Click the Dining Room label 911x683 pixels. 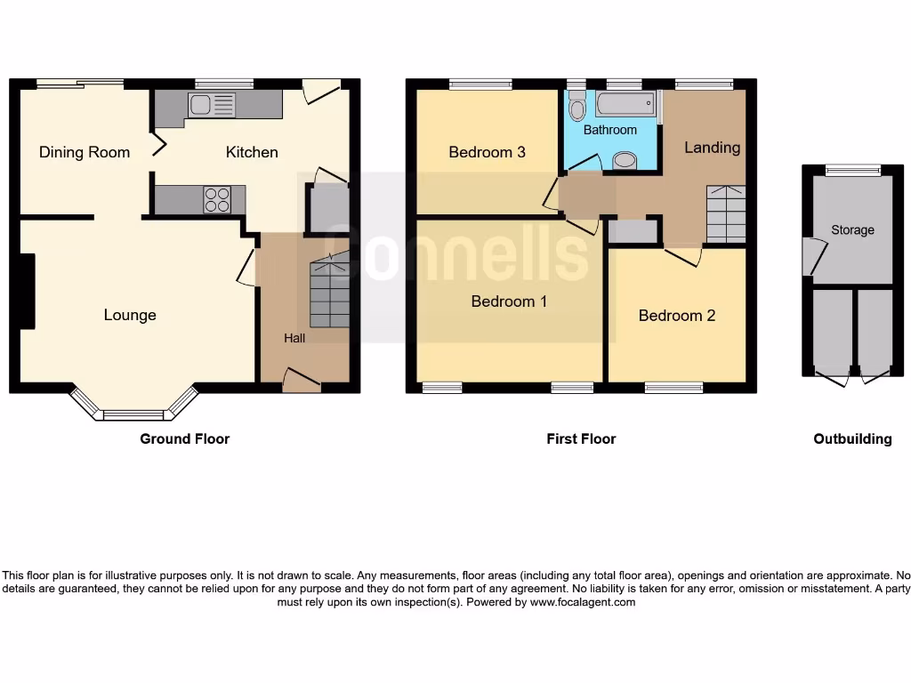[x=85, y=152]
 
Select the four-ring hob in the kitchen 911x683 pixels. [x=217, y=199]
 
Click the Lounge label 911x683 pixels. [x=130, y=315]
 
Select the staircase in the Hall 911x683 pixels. [x=329, y=293]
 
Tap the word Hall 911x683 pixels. [x=294, y=338]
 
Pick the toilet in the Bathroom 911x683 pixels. [x=577, y=109]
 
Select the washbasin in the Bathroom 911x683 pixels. [x=626, y=161]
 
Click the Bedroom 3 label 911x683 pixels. [x=487, y=152]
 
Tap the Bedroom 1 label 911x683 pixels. [x=509, y=301]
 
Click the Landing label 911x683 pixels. [x=712, y=148]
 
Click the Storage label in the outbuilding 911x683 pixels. [x=852, y=230]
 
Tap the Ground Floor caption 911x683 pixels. [x=184, y=438]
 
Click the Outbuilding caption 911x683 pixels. [x=852, y=438]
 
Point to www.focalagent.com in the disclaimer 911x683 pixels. [x=584, y=602]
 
